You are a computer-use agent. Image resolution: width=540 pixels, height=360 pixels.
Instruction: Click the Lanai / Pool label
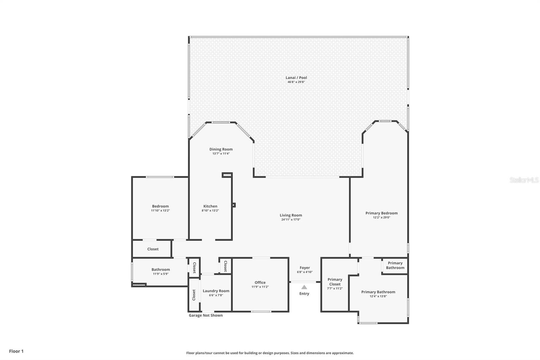coord(296,78)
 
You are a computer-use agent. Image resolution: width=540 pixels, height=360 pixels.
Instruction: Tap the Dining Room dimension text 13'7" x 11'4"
coord(221,154)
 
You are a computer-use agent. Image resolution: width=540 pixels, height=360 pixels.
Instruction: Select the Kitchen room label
coord(210,206)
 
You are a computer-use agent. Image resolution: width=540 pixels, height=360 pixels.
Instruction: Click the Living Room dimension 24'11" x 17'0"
coord(291,220)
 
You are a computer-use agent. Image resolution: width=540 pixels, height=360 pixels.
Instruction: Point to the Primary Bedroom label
coord(381,213)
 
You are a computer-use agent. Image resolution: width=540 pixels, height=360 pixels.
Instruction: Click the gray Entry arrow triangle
coord(304,287)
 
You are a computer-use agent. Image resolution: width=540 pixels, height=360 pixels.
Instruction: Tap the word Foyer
coord(304,268)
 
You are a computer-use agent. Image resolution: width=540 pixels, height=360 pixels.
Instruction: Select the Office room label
coord(260,282)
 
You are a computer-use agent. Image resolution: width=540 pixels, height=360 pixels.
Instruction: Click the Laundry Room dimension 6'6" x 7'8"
coord(216,295)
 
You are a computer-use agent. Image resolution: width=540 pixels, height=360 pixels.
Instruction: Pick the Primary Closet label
coord(335,282)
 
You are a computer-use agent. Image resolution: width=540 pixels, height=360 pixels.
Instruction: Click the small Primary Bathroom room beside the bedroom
coord(395,265)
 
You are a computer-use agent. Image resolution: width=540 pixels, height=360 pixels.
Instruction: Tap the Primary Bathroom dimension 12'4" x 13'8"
coord(378,297)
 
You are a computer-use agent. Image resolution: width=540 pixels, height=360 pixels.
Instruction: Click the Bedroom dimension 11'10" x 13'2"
coord(160,210)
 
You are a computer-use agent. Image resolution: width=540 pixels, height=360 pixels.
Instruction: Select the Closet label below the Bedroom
coord(153,249)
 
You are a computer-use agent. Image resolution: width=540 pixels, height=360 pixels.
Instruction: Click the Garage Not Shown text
coord(206,315)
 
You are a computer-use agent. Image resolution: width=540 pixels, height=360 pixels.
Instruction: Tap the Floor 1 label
coord(16,351)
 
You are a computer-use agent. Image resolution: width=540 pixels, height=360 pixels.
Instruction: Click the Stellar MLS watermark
coord(524,180)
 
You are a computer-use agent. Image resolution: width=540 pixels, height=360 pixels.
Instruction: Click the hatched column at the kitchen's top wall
coord(227,175)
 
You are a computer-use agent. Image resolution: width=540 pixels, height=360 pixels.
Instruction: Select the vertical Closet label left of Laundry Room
coord(194,295)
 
